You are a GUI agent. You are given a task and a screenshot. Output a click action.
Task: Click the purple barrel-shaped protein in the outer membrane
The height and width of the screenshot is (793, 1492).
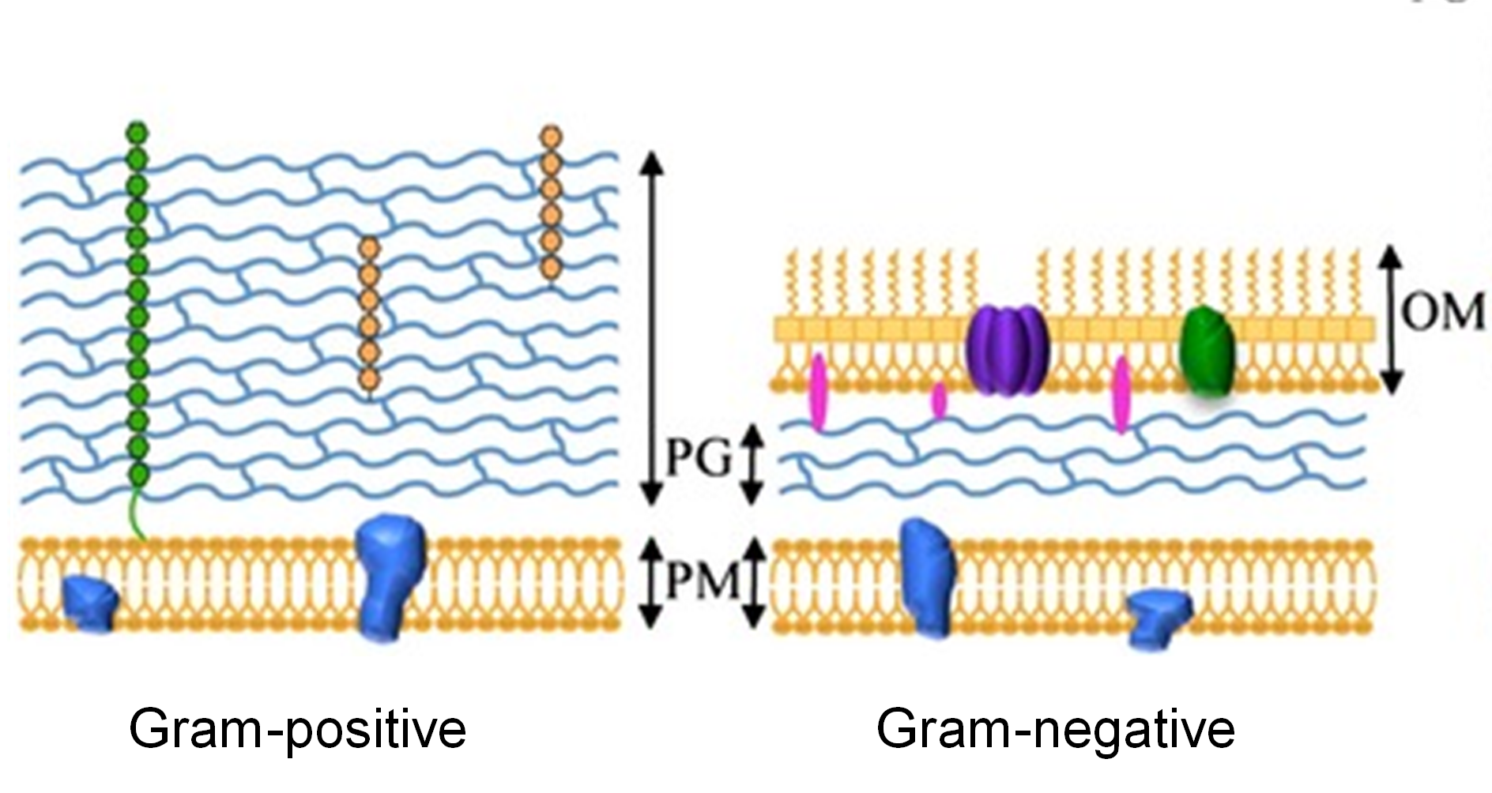(1008, 350)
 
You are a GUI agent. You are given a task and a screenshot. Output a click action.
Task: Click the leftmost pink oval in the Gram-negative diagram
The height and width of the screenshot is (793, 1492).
(818, 392)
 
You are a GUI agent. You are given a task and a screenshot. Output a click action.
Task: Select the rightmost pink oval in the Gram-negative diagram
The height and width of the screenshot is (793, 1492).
(1121, 394)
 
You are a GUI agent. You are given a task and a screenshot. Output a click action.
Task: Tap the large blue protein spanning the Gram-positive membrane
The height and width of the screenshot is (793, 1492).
(389, 577)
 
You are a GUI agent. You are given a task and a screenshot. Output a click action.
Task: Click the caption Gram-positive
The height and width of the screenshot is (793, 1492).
(297, 728)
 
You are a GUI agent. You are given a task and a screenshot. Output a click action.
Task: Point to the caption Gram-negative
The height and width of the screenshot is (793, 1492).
(1055, 728)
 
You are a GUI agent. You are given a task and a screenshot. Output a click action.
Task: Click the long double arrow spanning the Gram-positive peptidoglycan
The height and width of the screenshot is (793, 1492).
(651, 327)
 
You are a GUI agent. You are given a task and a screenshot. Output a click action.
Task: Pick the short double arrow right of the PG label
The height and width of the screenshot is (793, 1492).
(753, 464)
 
